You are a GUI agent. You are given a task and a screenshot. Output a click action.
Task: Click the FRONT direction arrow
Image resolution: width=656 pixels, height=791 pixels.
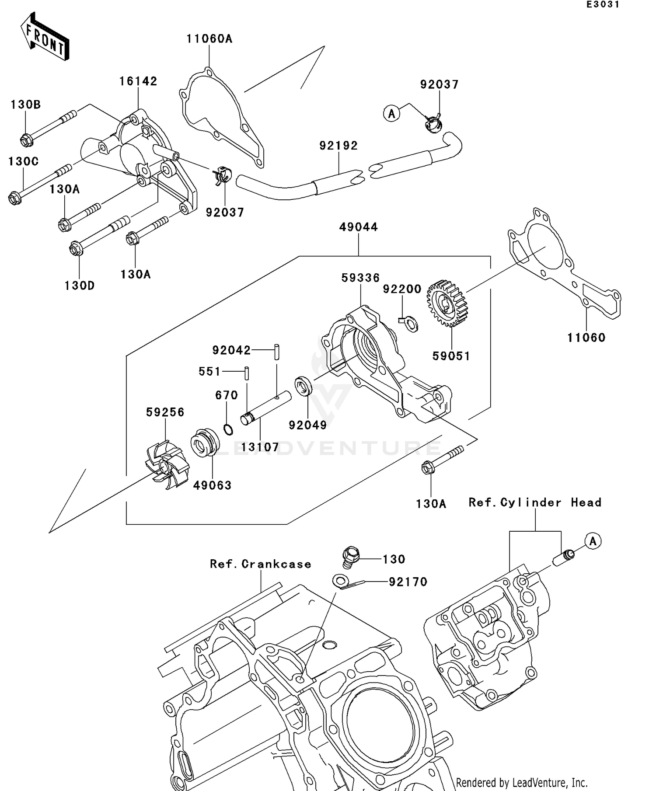[45, 37]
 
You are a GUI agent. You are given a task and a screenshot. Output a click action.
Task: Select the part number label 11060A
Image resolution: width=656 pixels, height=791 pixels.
[209, 39]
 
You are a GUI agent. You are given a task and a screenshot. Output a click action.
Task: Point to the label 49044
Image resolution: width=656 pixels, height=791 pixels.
[358, 227]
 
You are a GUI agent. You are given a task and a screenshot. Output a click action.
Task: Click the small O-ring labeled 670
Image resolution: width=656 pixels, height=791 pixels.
[227, 429]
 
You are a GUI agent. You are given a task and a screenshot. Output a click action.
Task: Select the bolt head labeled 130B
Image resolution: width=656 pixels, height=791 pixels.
[27, 140]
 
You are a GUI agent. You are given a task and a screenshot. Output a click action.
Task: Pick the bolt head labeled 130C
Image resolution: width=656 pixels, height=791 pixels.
[15, 198]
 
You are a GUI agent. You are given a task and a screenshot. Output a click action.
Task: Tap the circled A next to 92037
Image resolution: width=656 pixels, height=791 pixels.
[391, 114]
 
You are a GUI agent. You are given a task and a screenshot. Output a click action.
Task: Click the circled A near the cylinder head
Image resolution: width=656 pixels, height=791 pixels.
[593, 541]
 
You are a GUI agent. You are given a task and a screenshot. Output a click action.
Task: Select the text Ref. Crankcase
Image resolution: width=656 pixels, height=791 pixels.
[261, 564]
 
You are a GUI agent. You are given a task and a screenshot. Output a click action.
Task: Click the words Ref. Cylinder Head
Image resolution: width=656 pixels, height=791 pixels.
[534, 502]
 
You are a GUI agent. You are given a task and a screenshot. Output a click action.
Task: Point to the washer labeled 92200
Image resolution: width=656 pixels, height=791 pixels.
[411, 324]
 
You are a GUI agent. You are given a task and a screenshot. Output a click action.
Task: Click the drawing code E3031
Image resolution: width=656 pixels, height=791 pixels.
[603, 5]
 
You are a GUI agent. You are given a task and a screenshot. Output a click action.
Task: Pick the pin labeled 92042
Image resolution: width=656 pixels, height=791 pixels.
[277, 352]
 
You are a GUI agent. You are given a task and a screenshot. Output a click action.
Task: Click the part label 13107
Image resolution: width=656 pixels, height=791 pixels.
[260, 447]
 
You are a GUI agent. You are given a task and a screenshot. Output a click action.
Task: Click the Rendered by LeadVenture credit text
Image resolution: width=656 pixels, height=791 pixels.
[521, 782]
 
